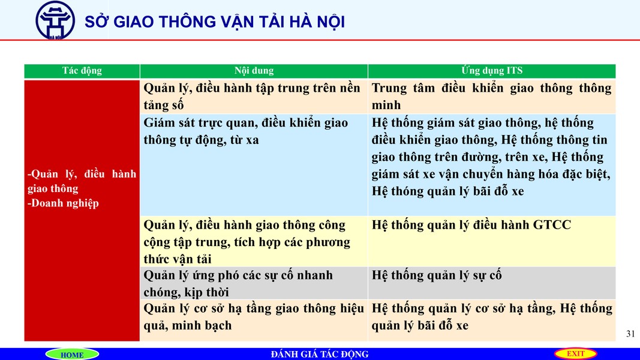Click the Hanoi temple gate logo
55,20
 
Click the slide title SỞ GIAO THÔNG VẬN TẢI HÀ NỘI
215,22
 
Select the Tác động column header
82,71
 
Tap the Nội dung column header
254,71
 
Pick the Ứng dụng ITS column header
492,71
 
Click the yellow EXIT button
575,353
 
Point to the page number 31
630,334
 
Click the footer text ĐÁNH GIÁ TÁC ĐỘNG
320,354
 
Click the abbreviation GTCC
552,225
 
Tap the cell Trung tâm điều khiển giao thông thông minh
491,97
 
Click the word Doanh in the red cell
49,203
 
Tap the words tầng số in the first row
163,106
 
